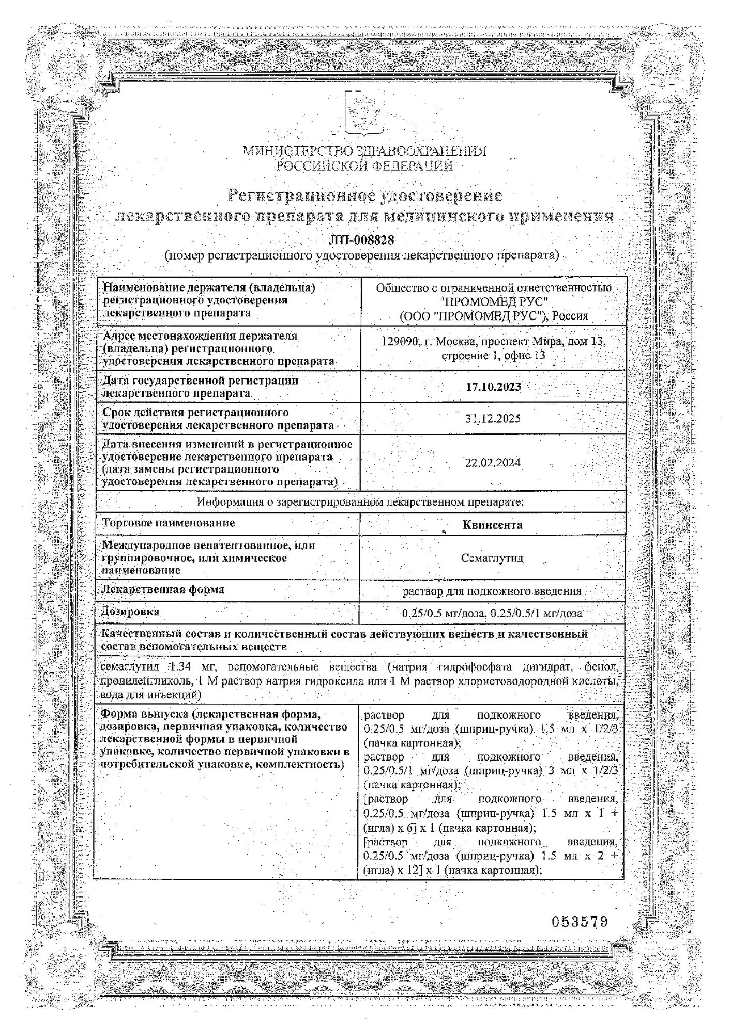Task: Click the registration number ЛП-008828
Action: [x=361, y=240]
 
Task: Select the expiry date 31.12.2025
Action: [x=493, y=419]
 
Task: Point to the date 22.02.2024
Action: [x=493, y=463]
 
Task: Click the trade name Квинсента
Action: [x=492, y=525]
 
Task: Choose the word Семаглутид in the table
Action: [x=492, y=558]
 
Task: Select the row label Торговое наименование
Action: [x=169, y=523]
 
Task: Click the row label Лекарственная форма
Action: [x=163, y=589]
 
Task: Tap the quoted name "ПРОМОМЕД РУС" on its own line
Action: [x=493, y=301]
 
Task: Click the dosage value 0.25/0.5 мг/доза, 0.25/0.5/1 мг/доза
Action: [x=492, y=614]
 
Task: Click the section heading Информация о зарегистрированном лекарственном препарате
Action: [x=360, y=502]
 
